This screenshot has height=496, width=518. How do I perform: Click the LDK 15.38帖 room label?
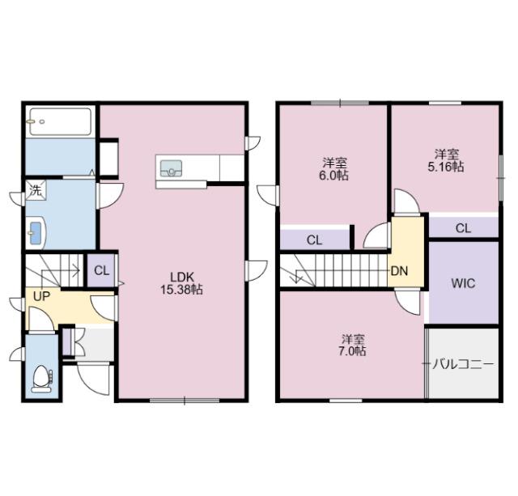(x=181, y=283)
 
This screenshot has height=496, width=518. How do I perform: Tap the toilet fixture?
(x=41, y=379)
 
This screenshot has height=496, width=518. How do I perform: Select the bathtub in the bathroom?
(x=61, y=121)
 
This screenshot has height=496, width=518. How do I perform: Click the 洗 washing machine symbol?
(x=36, y=190)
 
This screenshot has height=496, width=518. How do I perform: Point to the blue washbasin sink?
(x=35, y=232)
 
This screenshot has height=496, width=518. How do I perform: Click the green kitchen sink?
(x=171, y=168)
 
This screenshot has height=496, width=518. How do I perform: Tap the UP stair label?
(x=41, y=296)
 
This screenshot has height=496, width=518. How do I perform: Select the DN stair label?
(x=399, y=271)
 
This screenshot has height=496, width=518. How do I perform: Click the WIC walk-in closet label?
(x=463, y=283)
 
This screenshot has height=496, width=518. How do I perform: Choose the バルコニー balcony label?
(x=463, y=364)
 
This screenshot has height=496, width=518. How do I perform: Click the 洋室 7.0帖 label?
(x=353, y=345)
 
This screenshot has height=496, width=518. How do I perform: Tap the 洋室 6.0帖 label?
(x=334, y=169)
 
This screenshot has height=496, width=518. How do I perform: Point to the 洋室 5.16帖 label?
(x=446, y=160)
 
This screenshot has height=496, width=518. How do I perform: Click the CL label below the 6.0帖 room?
(x=314, y=240)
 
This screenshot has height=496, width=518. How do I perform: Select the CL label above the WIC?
(x=463, y=228)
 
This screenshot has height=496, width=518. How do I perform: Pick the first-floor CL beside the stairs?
(x=101, y=271)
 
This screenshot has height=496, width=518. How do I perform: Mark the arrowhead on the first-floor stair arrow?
(x=78, y=271)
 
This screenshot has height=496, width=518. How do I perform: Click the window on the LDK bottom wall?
(x=185, y=401)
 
